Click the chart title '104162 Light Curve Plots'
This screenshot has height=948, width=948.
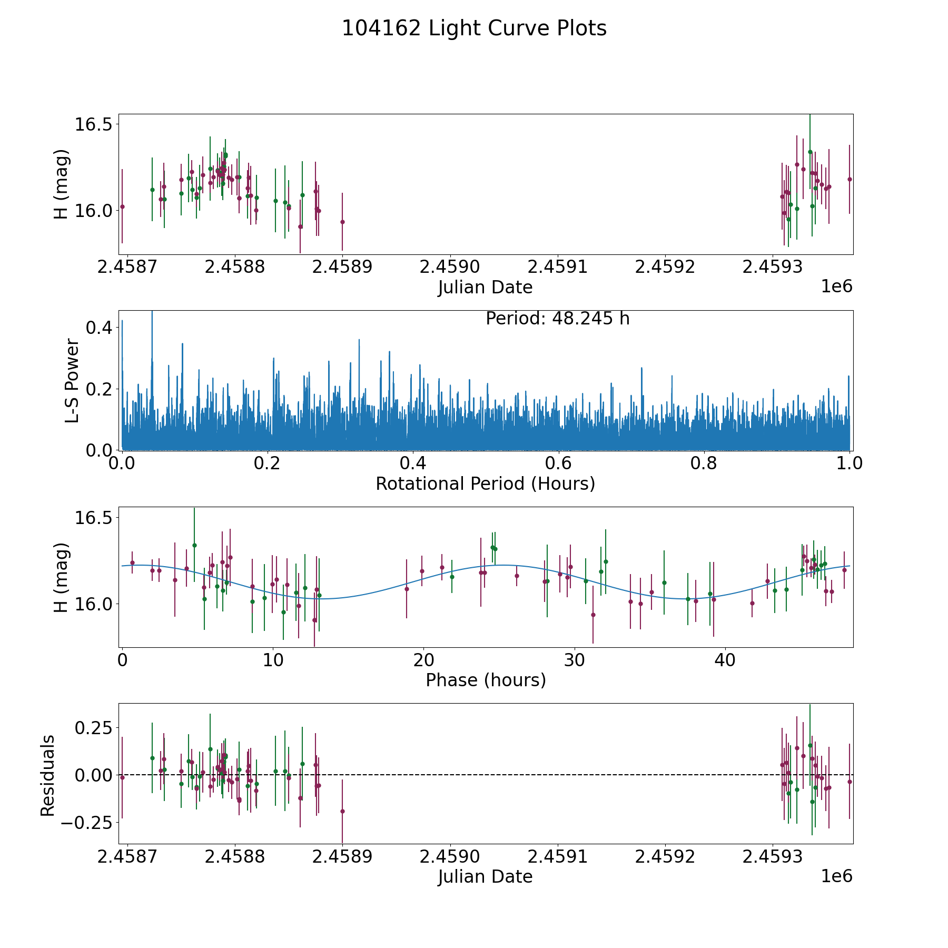pyautogui.click(x=474, y=28)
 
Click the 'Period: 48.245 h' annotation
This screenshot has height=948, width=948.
pyautogui.click(x=557, y=319)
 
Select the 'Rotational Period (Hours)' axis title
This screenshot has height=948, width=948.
pyautogui.click(x=485, y=483)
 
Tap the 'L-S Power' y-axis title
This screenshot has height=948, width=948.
pyautogui.click(x=72, y=380)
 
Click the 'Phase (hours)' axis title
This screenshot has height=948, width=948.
pyautogui.click(x=486, y=680)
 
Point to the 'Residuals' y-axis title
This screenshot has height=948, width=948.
pyautogui.click(x=48, y=775)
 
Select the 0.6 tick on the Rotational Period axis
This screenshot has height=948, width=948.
pyautogui.click(x=558, y=463)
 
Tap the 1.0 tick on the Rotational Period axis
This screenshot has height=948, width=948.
pyautogui.click(x=850, y=463)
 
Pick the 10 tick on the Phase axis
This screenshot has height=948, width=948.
pyautogui.click(x=273, y=660)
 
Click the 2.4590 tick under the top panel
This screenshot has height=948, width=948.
pyautogui.click(x=450, y=267)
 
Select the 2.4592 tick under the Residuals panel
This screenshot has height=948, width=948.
pyautogui.click(x=665, y=857)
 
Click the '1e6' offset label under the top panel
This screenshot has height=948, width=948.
pyautogui.click(x=836, y=287)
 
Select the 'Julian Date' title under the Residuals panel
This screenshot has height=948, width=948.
pyautogui.click(x=485, y=877)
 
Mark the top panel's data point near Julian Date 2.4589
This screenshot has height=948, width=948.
pyautogui.click(x=342, y=222)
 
